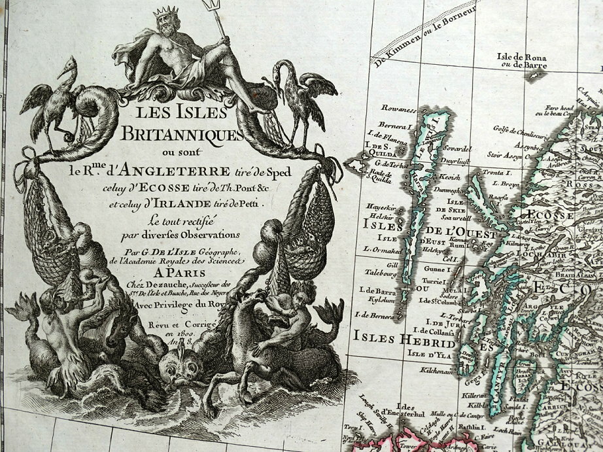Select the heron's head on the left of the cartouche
tap(65, 68)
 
